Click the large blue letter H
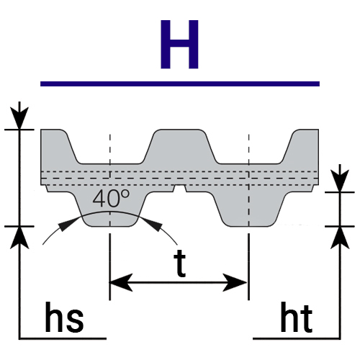click(179, 45)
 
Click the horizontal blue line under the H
click(180, 84)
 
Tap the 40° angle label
click(111, 198)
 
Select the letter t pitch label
click(180, 263)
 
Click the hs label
click(64, 318)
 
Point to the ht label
click(297, 318)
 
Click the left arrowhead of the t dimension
click(121, 282)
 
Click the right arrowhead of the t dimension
click(235, 282)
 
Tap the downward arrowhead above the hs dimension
click(19, 118)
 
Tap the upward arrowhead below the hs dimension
click(19, 238)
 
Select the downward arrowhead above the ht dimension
click(340, 181)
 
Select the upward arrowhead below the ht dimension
click(340, 238)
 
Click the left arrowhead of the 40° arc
click(68, 224)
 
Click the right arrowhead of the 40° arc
click(153, 225)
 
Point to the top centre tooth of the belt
click(179, 146)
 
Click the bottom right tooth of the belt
click(249, 209)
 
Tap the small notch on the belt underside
click(180, 188)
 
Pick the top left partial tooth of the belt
click(59, 146)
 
